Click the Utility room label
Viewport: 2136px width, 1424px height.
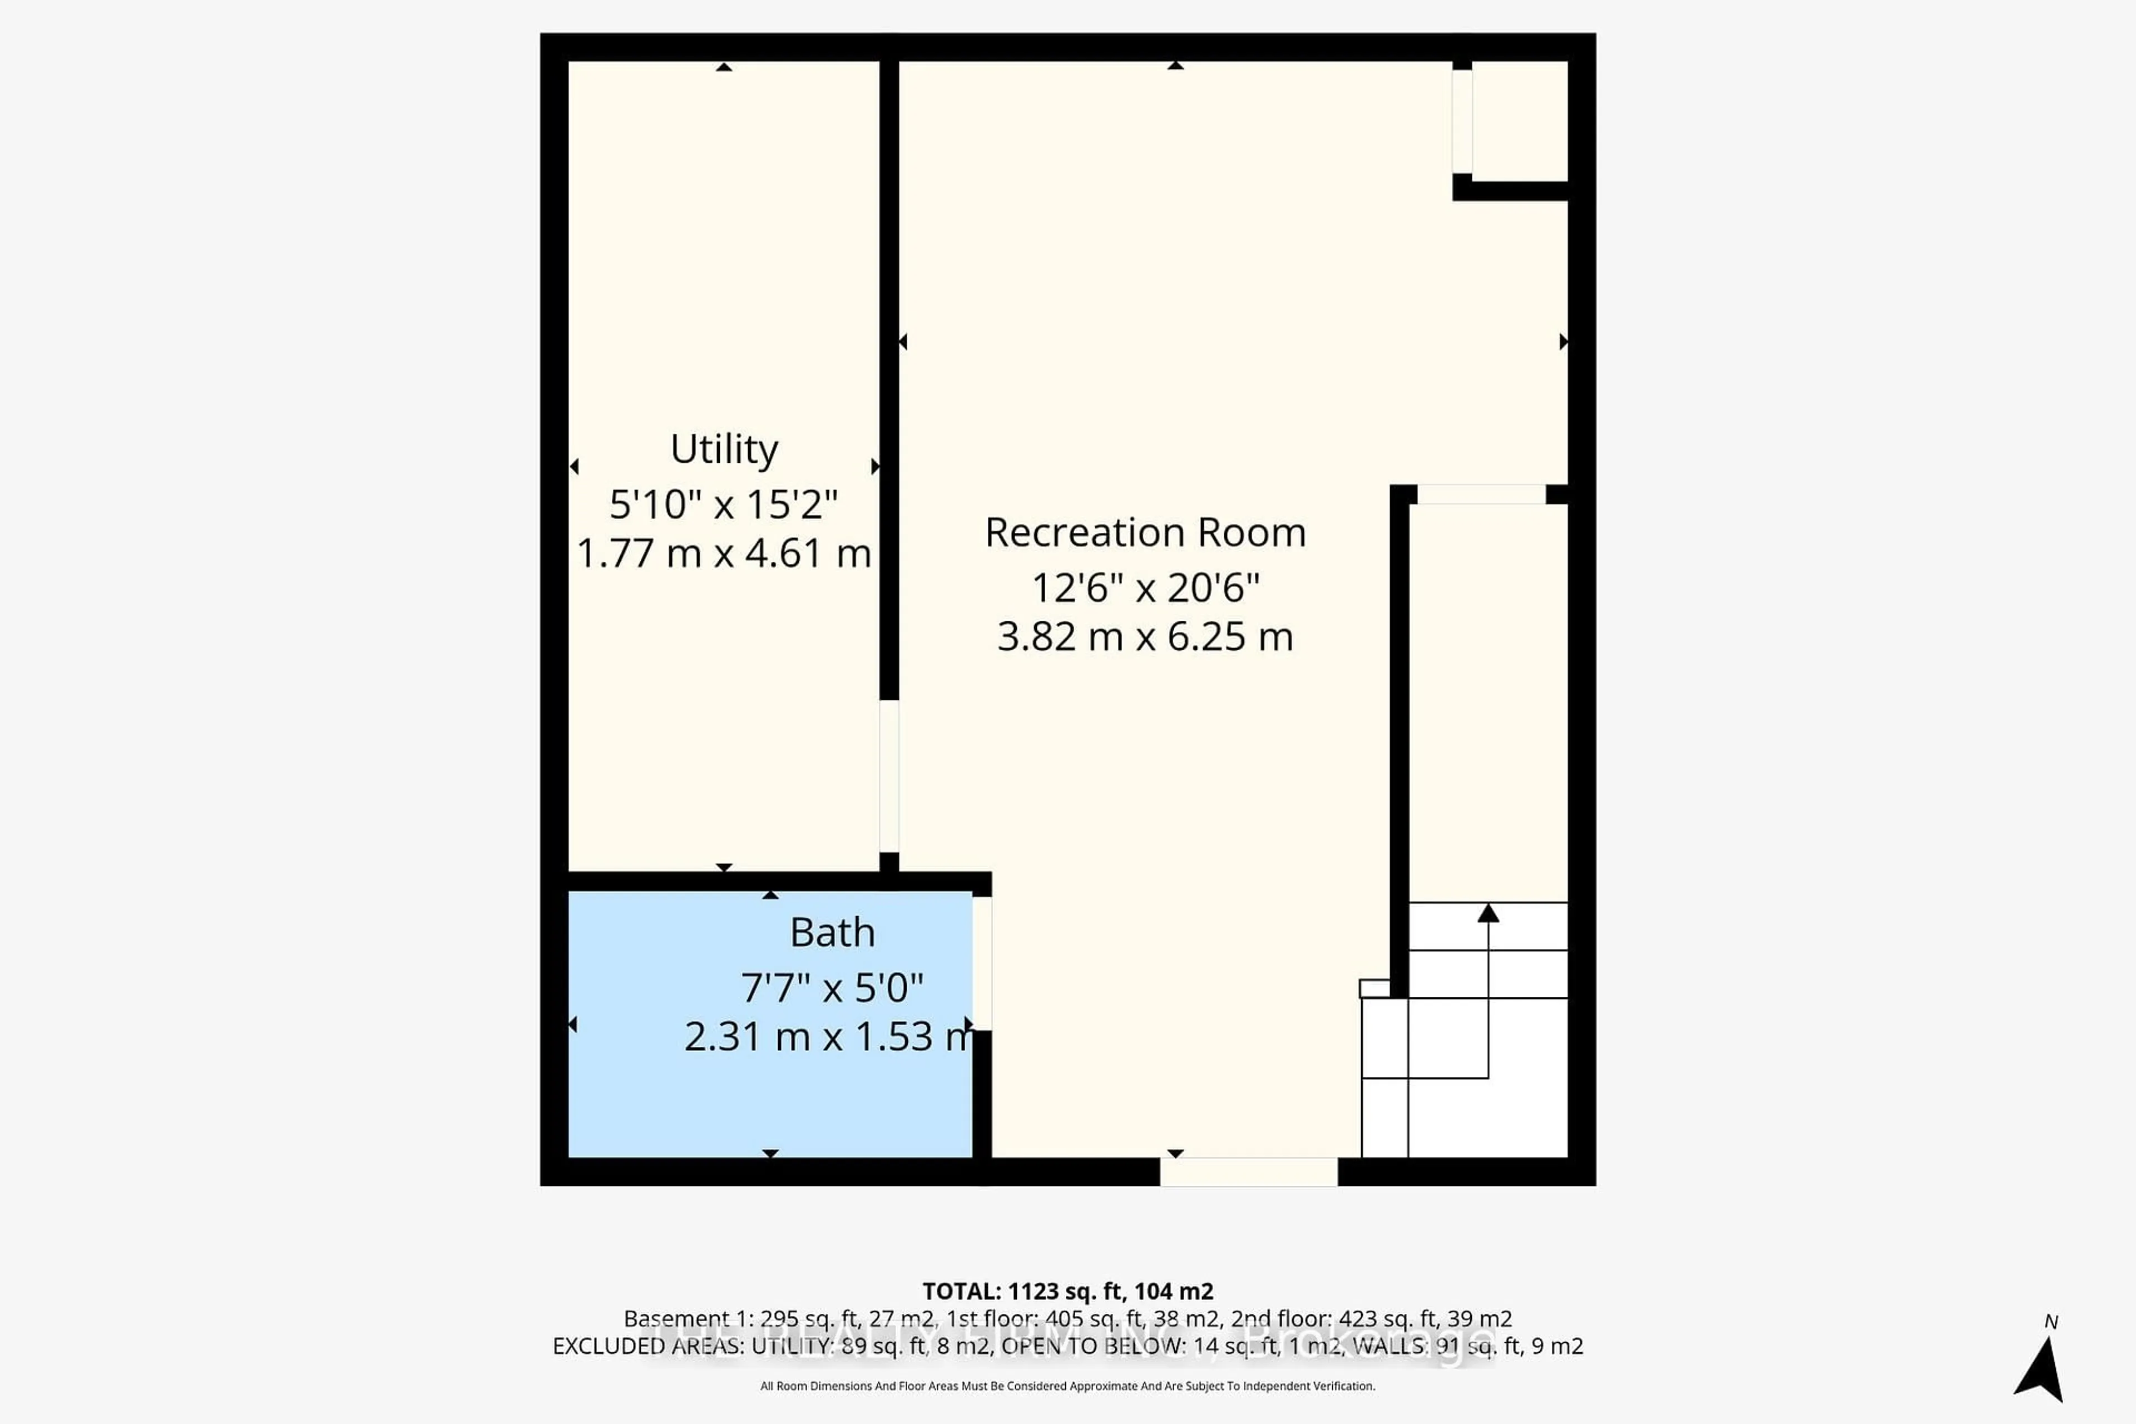[x=724, y=449]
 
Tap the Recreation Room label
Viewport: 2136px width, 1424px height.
[x=1145, y=533]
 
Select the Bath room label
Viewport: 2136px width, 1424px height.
[x=832, y=933]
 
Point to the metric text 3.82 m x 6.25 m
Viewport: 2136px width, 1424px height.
[x=1145, y=636]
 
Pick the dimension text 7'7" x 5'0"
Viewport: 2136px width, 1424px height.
[x=832, y=988]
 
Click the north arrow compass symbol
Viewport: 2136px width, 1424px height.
[x=2041, y=1369]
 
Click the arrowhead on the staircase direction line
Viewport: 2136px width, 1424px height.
[x=1487, y=913]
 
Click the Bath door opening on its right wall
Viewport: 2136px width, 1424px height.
[x=982, y=963]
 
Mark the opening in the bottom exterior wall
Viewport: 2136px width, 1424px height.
[x=1249, y=1171]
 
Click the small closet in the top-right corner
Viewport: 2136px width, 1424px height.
[x=1519, y=121]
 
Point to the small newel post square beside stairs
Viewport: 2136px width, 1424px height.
[x=1374, y=988]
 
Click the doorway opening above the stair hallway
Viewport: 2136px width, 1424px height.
[x=1481, y=494]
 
